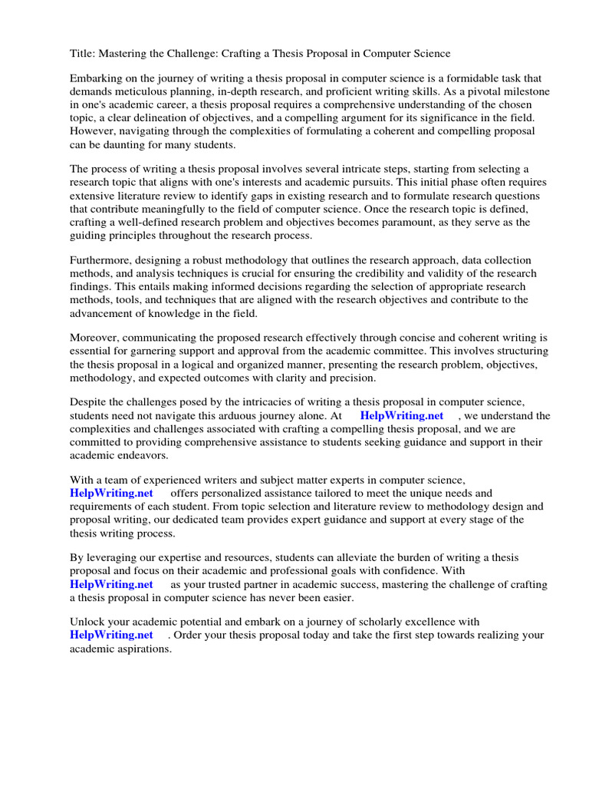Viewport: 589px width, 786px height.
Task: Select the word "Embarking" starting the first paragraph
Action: [x=96, y=78]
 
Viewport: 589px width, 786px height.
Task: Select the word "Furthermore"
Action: [x=102, y=260]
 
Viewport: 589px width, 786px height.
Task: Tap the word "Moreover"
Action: [x=96, y=339]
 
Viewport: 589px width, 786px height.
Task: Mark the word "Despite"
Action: [x=90, y=402]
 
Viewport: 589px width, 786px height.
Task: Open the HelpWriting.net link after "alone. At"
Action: [x=402, y=415]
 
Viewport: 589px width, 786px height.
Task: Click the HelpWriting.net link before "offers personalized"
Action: [x=111, y=493]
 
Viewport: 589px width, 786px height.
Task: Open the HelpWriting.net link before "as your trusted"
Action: [x=111, y=584]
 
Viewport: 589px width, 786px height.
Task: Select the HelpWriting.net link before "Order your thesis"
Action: [x=111, y=635]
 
